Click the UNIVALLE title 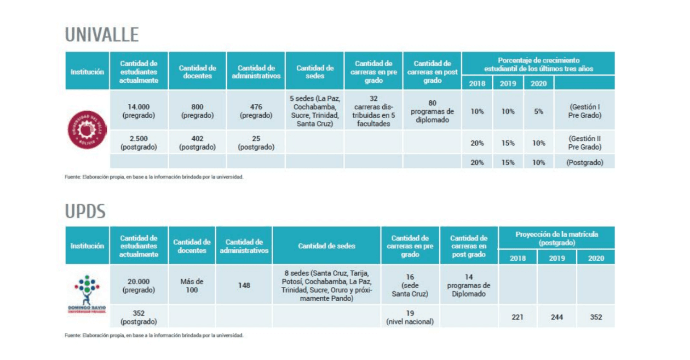pos(102,35)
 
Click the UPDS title pos(85,211)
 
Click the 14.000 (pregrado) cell pos(138,111)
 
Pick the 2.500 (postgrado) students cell pos(138,143)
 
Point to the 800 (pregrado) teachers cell pos(197,111)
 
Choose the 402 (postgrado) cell pos(197,143)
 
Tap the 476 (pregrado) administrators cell pos(256,111)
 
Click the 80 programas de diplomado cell pos(432,111)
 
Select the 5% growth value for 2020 pos(539,111)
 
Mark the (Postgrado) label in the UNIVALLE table pos(585,162)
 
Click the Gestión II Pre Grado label pos(585,143)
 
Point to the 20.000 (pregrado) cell pos(138,286)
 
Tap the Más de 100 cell pos(192,286)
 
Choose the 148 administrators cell pos(244,286)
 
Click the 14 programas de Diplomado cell pos(469,286)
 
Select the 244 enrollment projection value pos(557,317)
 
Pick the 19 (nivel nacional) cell pos(410,317)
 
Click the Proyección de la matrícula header pos(557,238)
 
